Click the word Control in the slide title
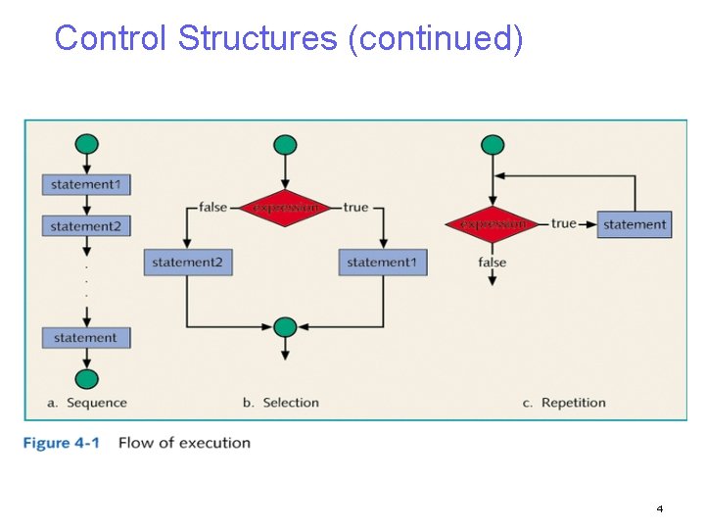(x=112, y=38)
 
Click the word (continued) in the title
(x=436, y=39)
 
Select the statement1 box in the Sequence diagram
(x=86, y=184)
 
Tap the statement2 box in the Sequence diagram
(x=86, y=226)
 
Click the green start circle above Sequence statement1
(x=87, y=145)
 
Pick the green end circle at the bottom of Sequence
(x=87, y=379)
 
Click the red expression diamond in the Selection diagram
(x=285, y=208)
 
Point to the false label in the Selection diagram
(x=212, y=207)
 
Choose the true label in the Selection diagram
(x=355, y=207)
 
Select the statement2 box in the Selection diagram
(x=188, y=263)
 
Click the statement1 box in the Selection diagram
(x=383, y=263)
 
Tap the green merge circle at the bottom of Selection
(x=285, y=326)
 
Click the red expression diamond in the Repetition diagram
(x=493, y=224)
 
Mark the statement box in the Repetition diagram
(x=634, y=224)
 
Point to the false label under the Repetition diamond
(x=493, y=262)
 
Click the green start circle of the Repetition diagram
(x=493, y=145)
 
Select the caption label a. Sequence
(x=87, y=403)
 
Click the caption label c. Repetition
(x=564, y=403)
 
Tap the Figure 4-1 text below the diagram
(x=61, y=443)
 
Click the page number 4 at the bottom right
(x=659, y=509)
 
